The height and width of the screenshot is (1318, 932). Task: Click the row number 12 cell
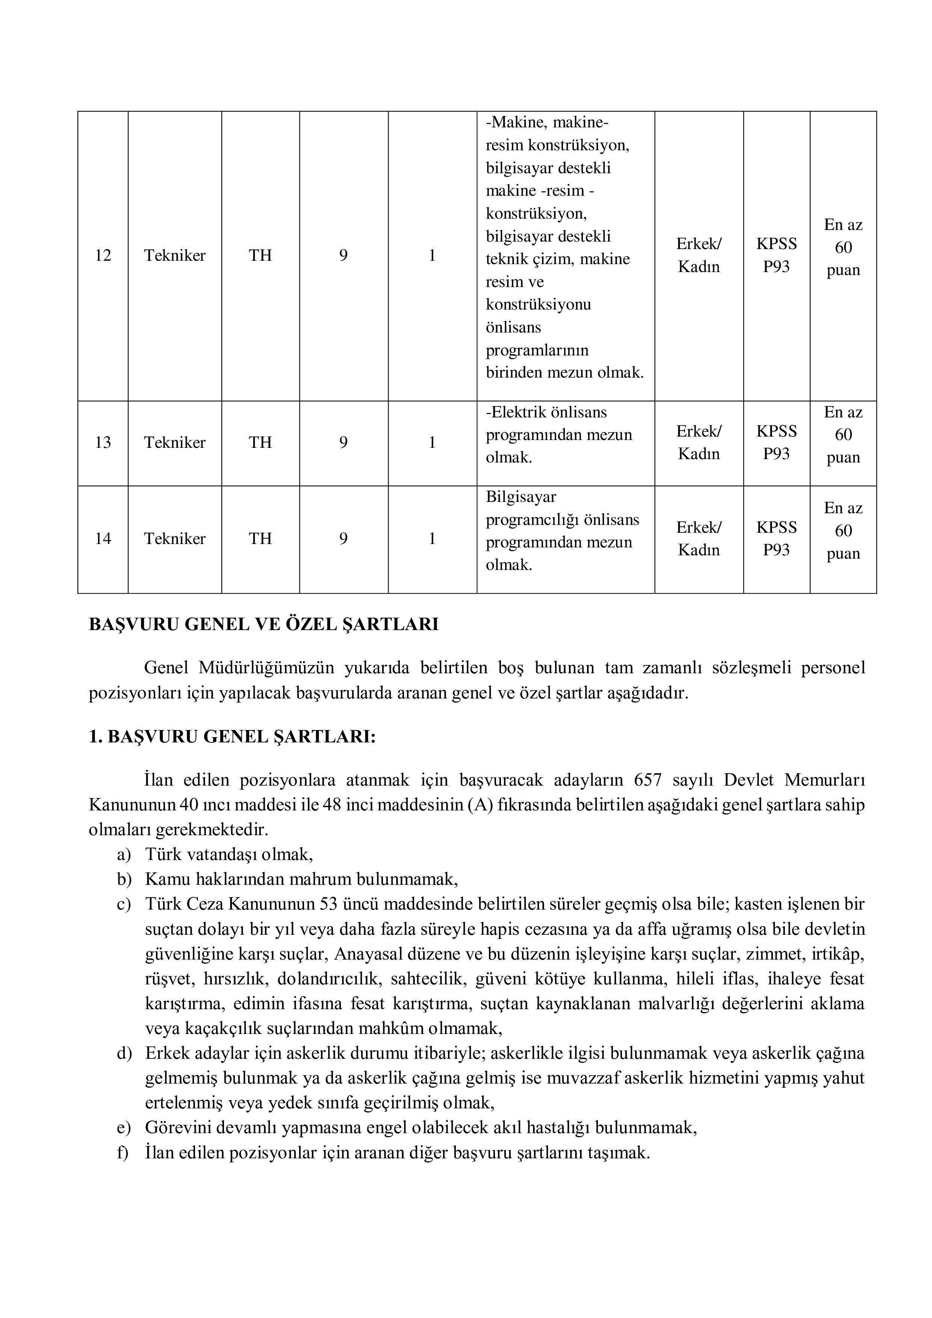coord(103,255)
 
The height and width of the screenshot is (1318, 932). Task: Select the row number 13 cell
coord(103,443)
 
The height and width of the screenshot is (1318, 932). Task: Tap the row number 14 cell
coord(103,538)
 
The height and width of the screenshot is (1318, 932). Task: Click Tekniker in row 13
coord(175,443)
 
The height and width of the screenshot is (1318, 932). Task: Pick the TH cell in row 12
coord(260,255)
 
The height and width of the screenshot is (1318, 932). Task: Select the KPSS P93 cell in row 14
coord(776,538)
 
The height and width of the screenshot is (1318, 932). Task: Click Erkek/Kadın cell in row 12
coord(699,255)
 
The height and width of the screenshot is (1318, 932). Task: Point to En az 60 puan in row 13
coord(843,435)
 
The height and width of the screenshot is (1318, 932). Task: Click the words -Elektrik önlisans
coord(546,412)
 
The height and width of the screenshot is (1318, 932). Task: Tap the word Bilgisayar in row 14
coord(521,497)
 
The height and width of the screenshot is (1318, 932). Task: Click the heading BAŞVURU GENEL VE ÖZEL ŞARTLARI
coord(263,624)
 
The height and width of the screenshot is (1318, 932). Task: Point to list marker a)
coord(124,855)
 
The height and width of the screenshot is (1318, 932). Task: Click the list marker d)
coord(124,1053)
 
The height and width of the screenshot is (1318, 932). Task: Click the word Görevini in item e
coord(177,1128)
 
